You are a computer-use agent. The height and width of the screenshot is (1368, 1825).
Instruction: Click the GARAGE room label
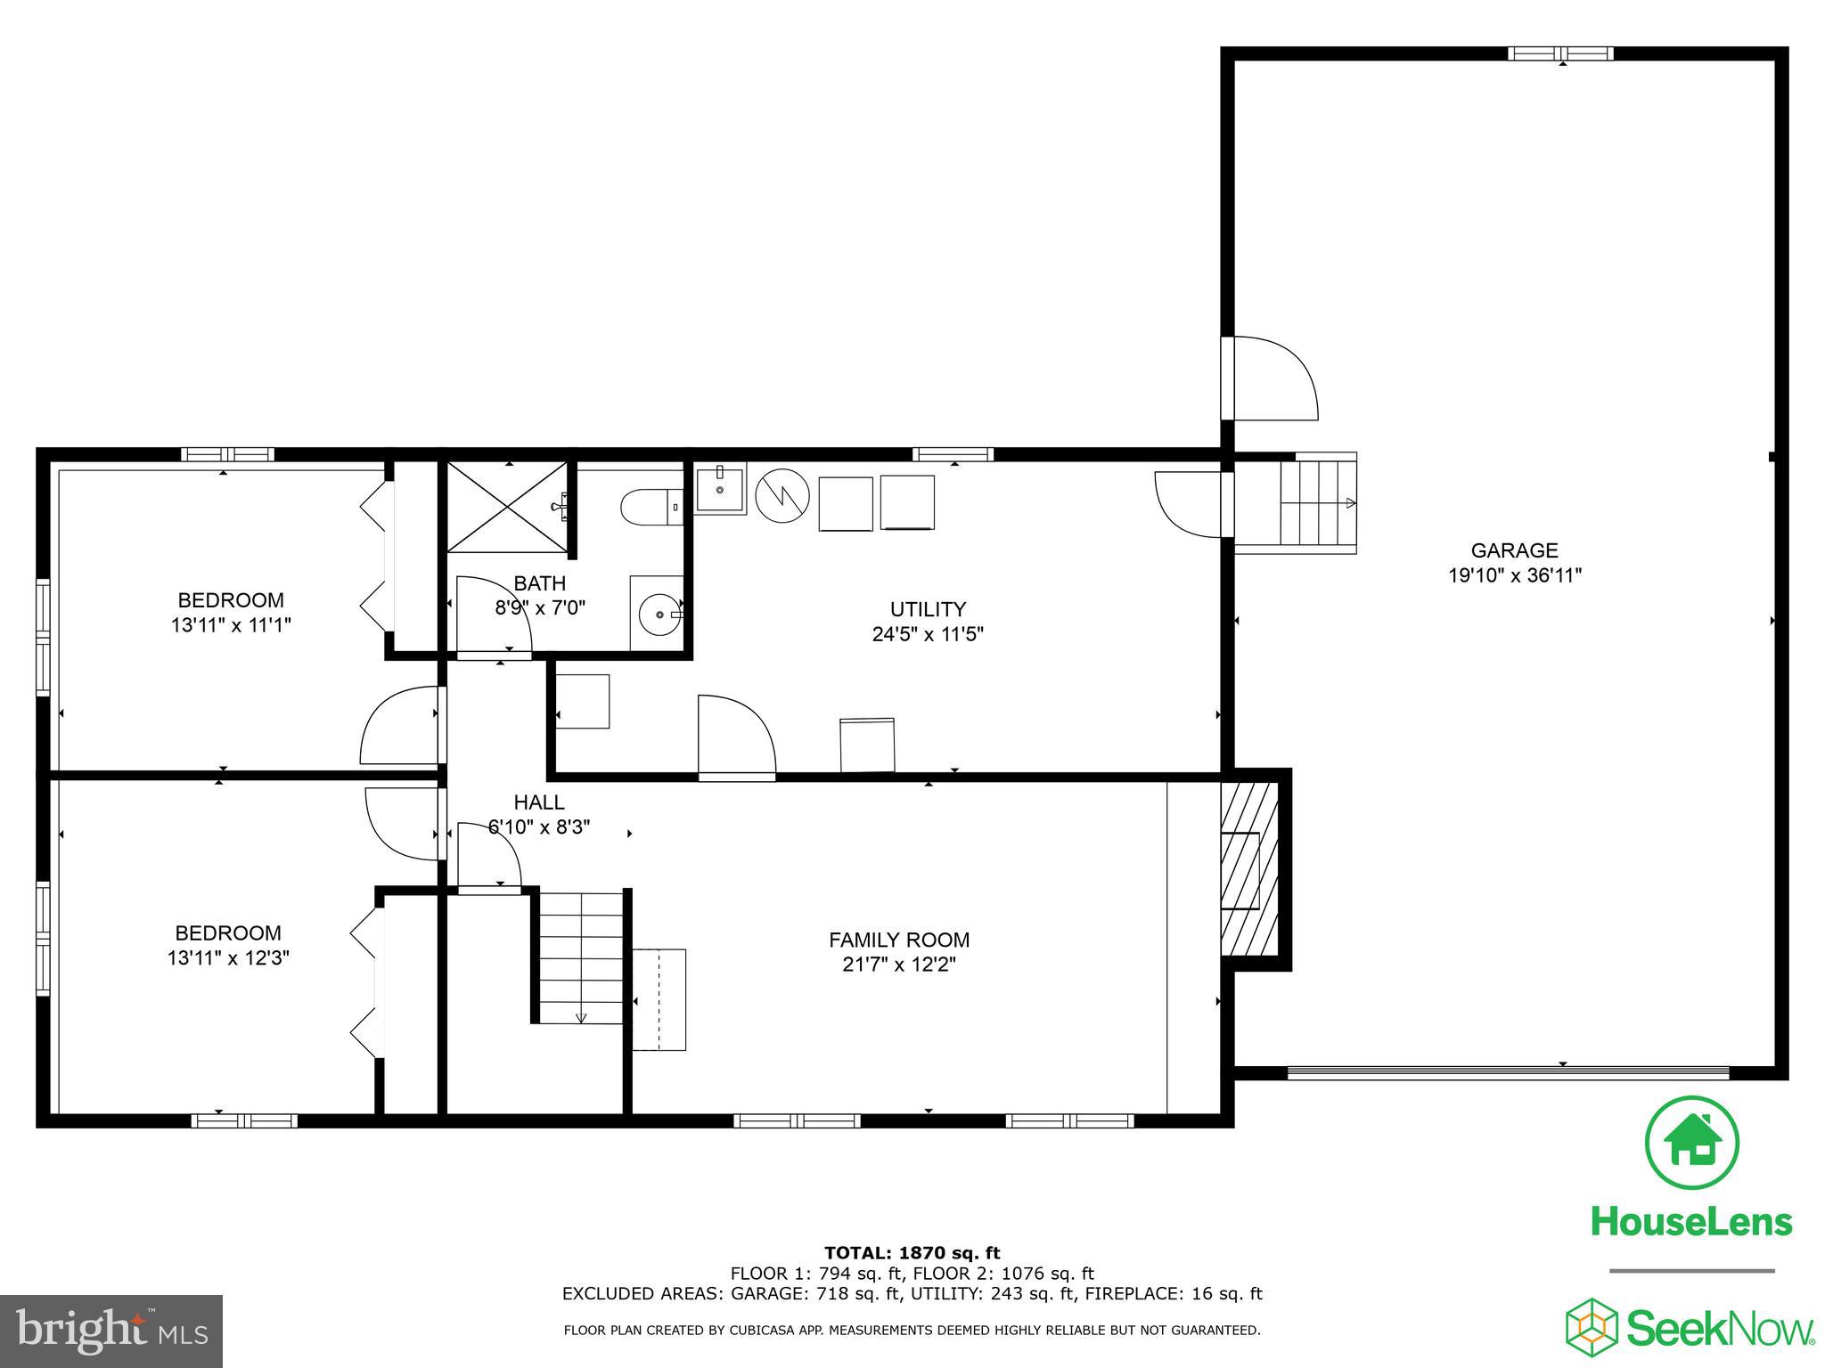click(x=1514, y=550)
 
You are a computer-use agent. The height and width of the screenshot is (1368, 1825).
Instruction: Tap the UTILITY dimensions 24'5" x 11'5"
click(x=928, y=634)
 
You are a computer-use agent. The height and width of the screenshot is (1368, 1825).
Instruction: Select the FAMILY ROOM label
click(x=899, y=940)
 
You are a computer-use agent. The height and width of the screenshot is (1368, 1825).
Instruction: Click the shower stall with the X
click(x=506, y=507)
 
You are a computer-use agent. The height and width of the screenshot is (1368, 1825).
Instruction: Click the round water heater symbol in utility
click(x=782, y=496)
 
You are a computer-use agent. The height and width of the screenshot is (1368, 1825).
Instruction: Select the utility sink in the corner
click(x=720, y=490)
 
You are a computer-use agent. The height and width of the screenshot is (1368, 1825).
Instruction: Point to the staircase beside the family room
click(x=581, y=957)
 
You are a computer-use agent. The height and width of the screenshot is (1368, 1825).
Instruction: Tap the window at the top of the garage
click(x=1560, y=53)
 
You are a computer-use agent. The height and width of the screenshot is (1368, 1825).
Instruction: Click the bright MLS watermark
click(x=111, y=1331)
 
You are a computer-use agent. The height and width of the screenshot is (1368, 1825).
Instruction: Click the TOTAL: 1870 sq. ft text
click(x=912, y=1253)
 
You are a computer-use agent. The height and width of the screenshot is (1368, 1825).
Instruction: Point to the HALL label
click(x=539, y=802)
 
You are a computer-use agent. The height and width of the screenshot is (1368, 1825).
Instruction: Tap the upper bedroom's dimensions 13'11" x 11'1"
click(x=231, y=625)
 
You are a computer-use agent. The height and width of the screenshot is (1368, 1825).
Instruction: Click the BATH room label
click(x=539, y=583)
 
